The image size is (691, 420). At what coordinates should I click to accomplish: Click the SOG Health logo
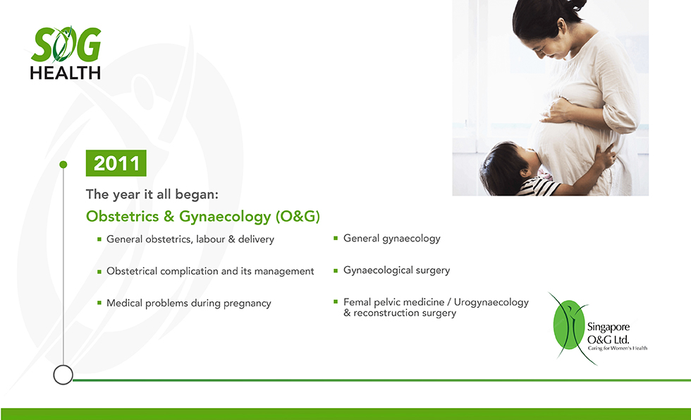tap(66, 53)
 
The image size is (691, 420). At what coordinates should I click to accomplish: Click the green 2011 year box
tap(116, 163)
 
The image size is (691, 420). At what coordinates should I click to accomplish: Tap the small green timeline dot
tap(63, 164)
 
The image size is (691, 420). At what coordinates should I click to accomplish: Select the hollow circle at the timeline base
tap(63, 375)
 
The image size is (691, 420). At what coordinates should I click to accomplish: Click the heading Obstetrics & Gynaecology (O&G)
tap(203, 216)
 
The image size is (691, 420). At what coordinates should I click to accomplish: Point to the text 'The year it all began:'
tap(152, 194)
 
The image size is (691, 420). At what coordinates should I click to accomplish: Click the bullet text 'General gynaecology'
tap(392, 239)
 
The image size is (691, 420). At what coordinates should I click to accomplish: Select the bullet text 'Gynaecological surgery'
tap(396, 270)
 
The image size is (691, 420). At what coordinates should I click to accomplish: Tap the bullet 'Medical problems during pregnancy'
tap(189, 304)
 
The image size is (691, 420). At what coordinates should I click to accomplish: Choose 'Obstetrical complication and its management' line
tap(210, 271)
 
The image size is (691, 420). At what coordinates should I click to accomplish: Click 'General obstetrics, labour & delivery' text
tap(190, 239)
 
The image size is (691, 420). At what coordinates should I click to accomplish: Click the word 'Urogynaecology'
tap(491, 303)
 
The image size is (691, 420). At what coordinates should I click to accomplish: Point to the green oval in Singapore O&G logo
tap(569, 325)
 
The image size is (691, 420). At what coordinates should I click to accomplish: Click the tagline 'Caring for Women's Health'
tap(618, 348)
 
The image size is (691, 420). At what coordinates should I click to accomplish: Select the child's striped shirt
tap(538, 187)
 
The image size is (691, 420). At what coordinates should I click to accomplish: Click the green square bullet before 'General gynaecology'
tap(336, 239)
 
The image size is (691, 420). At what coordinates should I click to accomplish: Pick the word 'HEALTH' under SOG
tap(65, 73)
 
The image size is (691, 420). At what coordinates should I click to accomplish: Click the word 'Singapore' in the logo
tap(608, 328)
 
